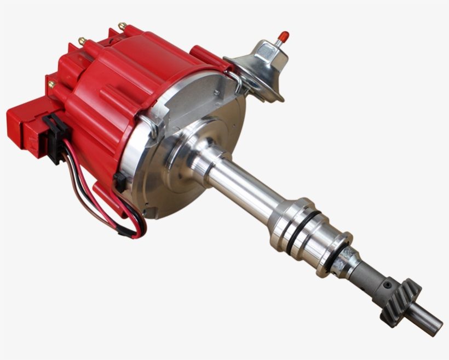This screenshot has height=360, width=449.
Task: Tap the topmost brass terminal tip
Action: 122,26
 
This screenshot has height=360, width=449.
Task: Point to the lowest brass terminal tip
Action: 51,84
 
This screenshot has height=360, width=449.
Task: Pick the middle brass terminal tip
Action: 82,41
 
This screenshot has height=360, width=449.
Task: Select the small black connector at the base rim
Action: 119,181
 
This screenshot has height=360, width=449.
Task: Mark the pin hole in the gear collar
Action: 388,285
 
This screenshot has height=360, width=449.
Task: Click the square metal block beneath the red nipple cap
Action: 267,52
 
